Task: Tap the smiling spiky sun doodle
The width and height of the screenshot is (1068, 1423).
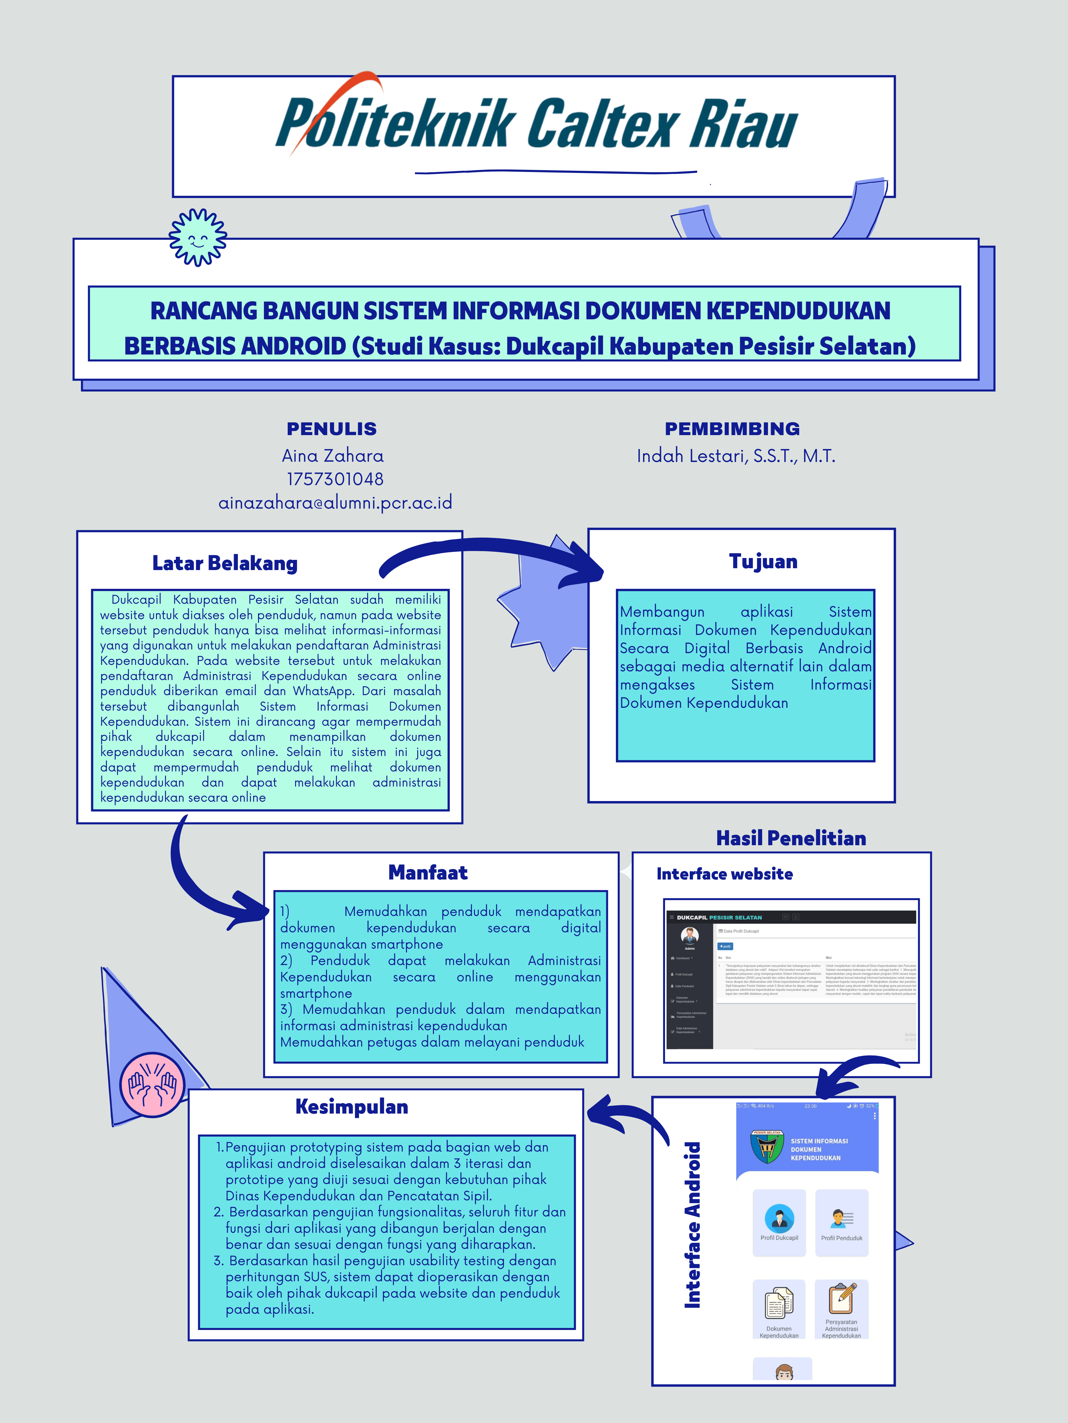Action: [x=198, y=237]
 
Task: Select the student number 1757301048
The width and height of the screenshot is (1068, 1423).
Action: [x=335, y=479]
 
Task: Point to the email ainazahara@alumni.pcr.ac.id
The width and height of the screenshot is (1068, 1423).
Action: [x=335, y=502]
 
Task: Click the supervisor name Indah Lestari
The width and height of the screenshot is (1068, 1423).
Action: [x=736, y=456]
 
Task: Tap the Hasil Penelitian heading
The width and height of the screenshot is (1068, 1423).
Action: [x=790, y=838]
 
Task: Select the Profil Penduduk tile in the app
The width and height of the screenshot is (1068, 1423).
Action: [x=841, y=1222]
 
